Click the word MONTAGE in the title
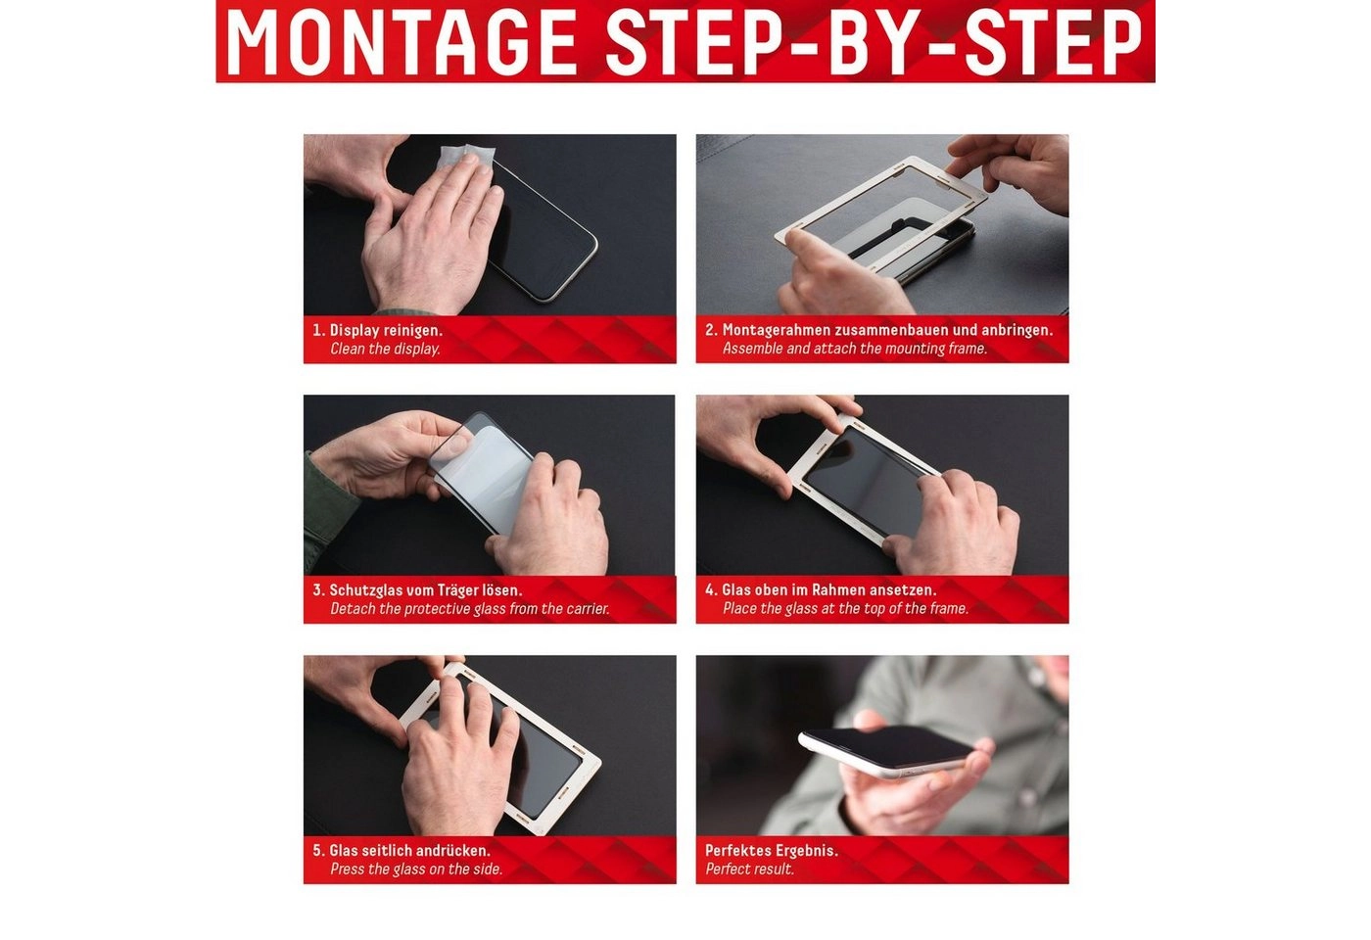pos(401,41)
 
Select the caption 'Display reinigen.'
pos(386,331)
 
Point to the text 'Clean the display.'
pos(385,349)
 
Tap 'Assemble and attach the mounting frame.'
pos(854,349)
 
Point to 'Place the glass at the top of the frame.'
pos(845,609)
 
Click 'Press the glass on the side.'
pos(416,869)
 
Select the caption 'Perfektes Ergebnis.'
pos(772,851)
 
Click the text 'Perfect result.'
pos(749,869)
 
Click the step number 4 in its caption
pos(710,590)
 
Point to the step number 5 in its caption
pos(318,851)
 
